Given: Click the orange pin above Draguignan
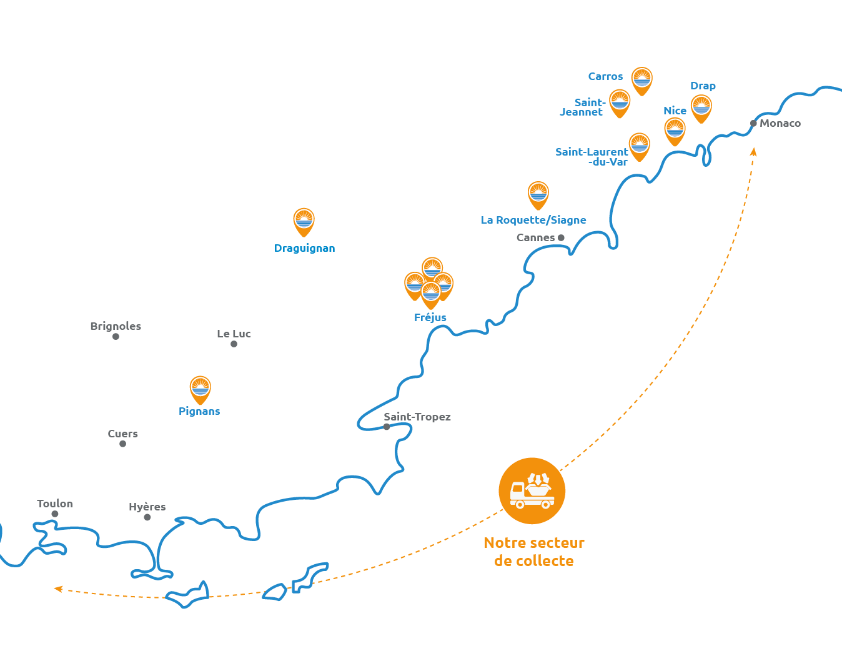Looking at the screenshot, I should click(304, 221).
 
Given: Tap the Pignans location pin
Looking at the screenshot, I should click(200, 389).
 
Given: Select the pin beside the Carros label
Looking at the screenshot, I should click(641, 80).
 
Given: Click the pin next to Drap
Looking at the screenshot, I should click(701, 107).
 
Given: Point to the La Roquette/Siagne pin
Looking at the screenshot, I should click(538, 194).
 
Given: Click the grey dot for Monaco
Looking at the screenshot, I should click(753, 124).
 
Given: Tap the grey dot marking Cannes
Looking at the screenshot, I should click(561, 237).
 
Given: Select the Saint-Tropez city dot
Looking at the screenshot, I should click(387, 427).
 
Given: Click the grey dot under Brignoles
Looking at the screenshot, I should click(116, 337).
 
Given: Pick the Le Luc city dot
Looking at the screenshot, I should click(234, 344).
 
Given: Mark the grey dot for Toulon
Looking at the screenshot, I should click(55, 514).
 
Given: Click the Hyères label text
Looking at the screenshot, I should click(147, 507).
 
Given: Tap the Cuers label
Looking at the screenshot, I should click(122, 434).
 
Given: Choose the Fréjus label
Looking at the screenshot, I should click(430, 317).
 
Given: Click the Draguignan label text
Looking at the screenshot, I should click(305, 248).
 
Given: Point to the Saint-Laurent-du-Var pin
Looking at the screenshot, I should click(639, 145).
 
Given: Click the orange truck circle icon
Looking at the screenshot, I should click(532, 491).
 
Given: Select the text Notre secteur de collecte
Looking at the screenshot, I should click(534, 552).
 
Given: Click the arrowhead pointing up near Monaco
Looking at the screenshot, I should click(753, 151).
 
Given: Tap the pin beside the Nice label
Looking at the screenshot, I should click(675, 130).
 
